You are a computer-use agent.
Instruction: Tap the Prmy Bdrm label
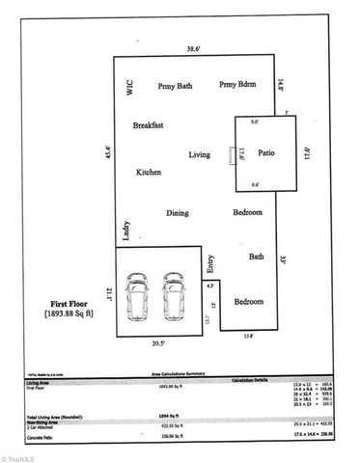tap(236, 86)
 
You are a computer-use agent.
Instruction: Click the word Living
tap(199, 153)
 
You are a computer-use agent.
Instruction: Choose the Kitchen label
tap(148, 172)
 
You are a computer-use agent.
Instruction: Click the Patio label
tap(266, 165)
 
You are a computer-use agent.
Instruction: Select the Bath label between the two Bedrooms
tap(256, 257)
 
